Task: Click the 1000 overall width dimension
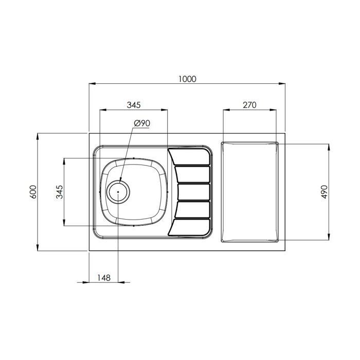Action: (x=187, y=79)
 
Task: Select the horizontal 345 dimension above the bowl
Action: (x=133, y=105)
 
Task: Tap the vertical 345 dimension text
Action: (x=59, y=192)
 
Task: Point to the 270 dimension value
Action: (x=249, y=105)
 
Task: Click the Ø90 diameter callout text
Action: (x=141, y=123)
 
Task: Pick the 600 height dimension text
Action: (x=33, y=192)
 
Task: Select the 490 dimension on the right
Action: (x=325, y=192)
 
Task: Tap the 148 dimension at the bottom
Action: (x=103, y=278)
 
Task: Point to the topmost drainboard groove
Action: (x=190, y=156)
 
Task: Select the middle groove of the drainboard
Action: (x=193, y=192)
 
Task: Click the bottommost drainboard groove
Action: (x=190, y=227)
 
